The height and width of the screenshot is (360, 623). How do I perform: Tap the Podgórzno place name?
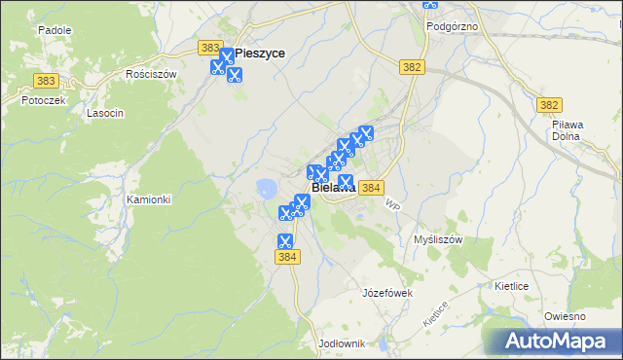[x=452, y=26]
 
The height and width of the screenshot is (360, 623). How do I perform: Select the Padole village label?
[x=55, y=30]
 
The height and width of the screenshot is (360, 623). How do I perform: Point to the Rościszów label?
[x=151, y=73]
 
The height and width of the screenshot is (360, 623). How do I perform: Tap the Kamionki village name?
[x=148, y=199]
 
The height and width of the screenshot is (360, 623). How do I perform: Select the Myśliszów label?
[x=437, y=238]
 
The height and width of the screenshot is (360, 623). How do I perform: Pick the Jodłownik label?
[x=341, y=343]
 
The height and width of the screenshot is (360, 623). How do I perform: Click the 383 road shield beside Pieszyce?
[x=208, y=47]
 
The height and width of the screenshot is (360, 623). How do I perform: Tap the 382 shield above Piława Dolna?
[x=549, y=105]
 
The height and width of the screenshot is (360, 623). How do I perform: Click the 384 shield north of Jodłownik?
[x=286, y=258]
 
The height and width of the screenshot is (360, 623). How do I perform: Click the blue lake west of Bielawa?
[x=264, y=187]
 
